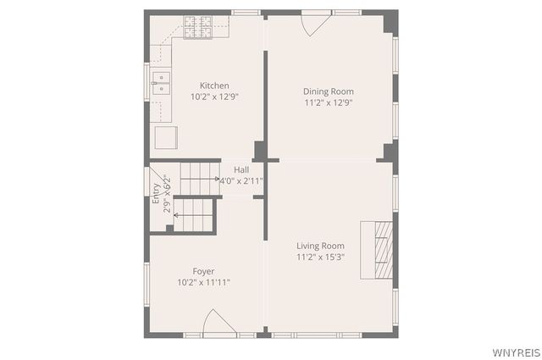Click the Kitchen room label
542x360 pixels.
click(213, 86)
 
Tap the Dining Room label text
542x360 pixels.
click(328, 91)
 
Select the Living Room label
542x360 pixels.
click(320, 246)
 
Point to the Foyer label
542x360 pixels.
click(203, 271)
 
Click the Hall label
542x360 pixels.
click(241, 169)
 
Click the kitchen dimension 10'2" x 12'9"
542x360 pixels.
click(214, 97)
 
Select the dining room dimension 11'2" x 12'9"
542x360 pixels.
click(328, 102)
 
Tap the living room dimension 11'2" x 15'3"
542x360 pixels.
click(320, 257)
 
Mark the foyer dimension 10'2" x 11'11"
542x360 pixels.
click(203, 282)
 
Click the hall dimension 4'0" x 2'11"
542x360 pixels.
click(241, 180)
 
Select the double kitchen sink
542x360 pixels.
click(161, 82)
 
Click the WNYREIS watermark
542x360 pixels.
click(512, 351)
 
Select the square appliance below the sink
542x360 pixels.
click(164, 136)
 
